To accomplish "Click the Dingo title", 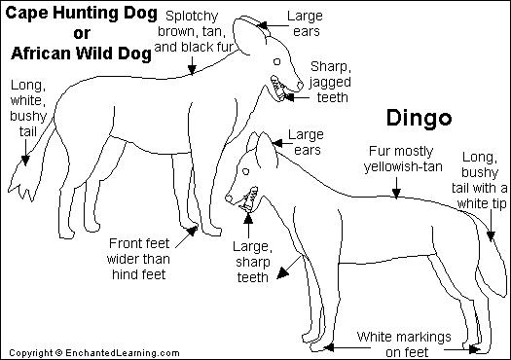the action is (x=419, y=119).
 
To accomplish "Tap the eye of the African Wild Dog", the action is (x=277, y=61).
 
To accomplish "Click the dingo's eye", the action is (x=245, y=171).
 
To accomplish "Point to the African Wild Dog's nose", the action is (x=300, y=86).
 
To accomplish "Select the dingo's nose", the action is (x=229, y=198).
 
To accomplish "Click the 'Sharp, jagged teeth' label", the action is (x=330, y=82).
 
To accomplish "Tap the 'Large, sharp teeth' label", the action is (x=252, y=262).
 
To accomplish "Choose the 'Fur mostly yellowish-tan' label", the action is (x=403, y=159).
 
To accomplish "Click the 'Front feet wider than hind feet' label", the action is (x=138, y=259).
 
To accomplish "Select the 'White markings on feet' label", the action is (x=404, y=344).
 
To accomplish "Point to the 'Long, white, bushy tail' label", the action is (x=28, y=108).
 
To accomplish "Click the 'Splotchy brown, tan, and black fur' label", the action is (x=194, y=31).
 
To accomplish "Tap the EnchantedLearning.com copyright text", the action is (x=94, y=353).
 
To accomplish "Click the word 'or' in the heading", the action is (x=82, y=33).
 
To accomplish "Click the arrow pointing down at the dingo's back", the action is (x=396, y=188).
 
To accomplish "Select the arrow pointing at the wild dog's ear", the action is (x=274, y=25).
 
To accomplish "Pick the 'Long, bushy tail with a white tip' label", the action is (x=480, y=180).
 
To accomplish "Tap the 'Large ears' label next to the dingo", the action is (x=306, y=142).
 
